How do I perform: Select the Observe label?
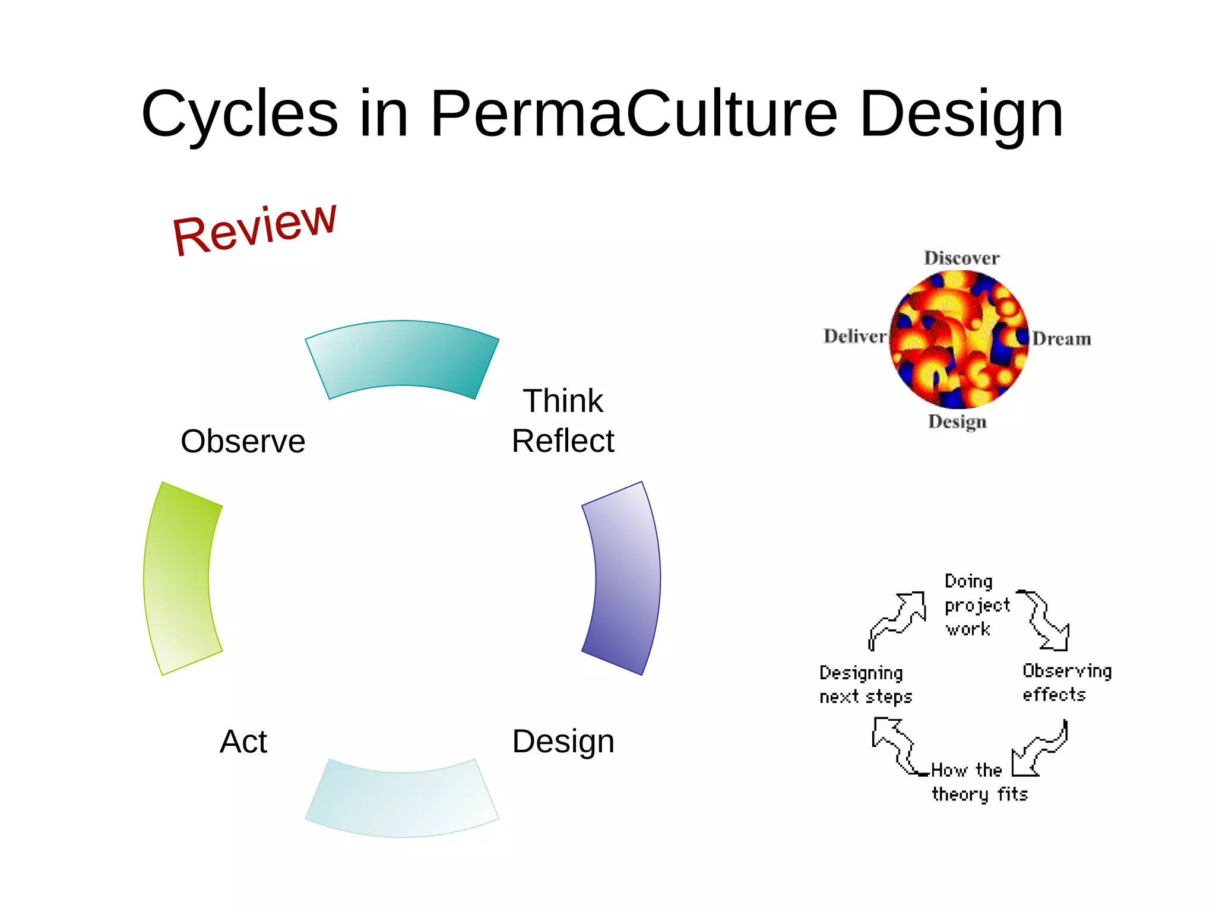point(243,441)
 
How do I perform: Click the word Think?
point(562,401)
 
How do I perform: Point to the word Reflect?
point(562,441)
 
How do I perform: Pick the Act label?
point(243,742)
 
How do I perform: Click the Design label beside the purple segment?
point(563,742)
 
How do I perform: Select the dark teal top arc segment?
point(402,356)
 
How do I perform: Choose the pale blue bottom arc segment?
point(402,802)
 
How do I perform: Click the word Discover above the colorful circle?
point(961,258)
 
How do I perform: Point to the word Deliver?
point(854,337)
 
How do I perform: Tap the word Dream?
point(1061,339)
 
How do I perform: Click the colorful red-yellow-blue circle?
point(959,340)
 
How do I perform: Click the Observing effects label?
point(1066,683)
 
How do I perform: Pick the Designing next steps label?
point(864,685)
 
